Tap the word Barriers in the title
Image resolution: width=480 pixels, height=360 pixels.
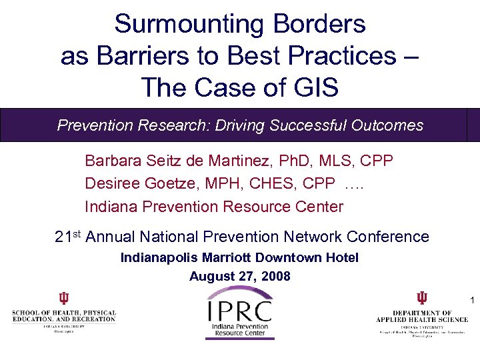tap(137, 55)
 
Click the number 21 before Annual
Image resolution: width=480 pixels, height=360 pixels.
tap(63, 237)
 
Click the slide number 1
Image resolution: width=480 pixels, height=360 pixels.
tap(471, 301)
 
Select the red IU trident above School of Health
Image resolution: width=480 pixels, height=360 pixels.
tap(63, 298)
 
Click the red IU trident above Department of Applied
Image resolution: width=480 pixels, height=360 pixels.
tap(422, 298)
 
